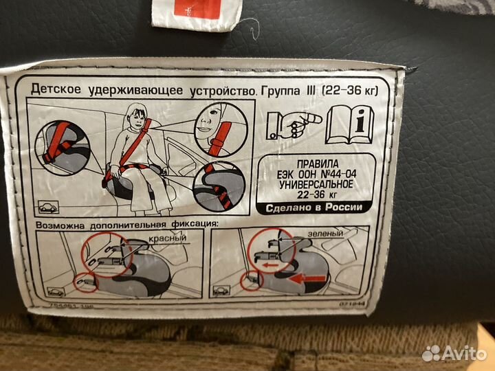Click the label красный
tap(168, 238)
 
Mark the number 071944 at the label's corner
tap(357, 302)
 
